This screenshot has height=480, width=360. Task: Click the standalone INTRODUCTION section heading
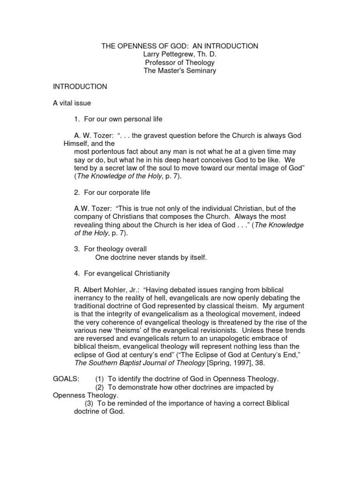[80, 87]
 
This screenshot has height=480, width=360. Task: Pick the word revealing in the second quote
[89, 225]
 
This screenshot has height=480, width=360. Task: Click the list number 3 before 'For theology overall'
[76, 249]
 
